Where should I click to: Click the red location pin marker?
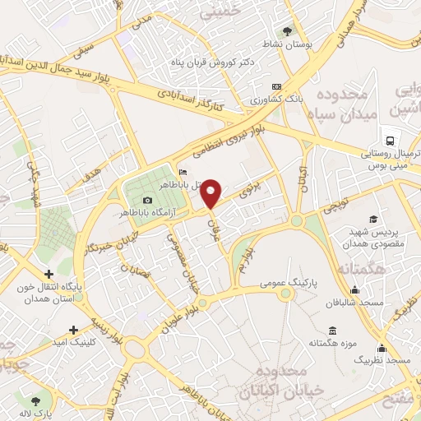pyautogui.click(x=211, y=193)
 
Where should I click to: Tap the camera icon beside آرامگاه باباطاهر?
pyautogui.click(x=147, y=201)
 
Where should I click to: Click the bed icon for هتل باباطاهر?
pyautogui.click(x=183, y=172)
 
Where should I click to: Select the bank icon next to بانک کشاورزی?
pyautogui.click(x=276, y=86)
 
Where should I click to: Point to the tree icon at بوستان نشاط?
pyautogui.click(x=287, y=30)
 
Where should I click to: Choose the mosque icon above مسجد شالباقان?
pyautogui.click(x=354, y=289)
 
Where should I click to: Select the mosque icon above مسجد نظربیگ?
pyautogui.click(x=382, y=348)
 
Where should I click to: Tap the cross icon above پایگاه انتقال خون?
pyautogui.click(x=49, y=273)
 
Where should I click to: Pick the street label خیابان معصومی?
pyautogui.click(x=184, y=253)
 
